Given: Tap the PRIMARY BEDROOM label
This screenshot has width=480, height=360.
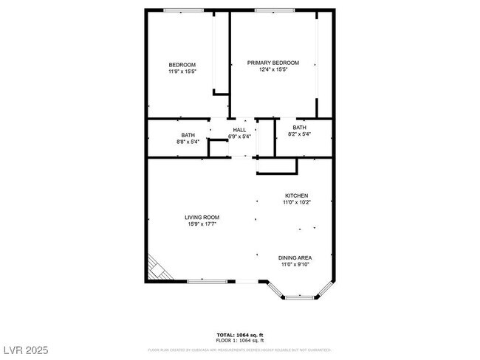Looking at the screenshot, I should [x=272, y=63].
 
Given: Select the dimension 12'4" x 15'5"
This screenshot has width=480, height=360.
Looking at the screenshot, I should [x=272, y=70].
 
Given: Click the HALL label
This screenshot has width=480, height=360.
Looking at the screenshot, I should [x=239, y=130].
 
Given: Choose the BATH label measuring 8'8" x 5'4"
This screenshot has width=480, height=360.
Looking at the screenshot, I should [x=188, y=134].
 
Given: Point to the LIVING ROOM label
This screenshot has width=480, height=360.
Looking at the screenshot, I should [x=202, y=217].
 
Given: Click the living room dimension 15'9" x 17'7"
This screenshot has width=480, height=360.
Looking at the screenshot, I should [x=202, y=224].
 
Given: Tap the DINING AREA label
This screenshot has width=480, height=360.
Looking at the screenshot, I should [x=295, y=257].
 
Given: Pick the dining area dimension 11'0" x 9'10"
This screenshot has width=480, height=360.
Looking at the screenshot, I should [x=295, y=264].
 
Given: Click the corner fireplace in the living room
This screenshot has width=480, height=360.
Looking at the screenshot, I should [x=158, y=269].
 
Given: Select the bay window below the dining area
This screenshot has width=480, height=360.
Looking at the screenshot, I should [x=299, y=297].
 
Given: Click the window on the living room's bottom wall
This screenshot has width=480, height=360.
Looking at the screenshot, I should [x=206, y=281].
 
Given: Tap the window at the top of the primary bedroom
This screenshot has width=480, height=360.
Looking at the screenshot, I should [x=276, y=10].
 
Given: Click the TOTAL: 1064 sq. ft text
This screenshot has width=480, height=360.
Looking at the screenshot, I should [x=239, y=335].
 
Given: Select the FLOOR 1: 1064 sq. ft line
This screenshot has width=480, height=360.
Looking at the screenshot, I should [x=239, y=341].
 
